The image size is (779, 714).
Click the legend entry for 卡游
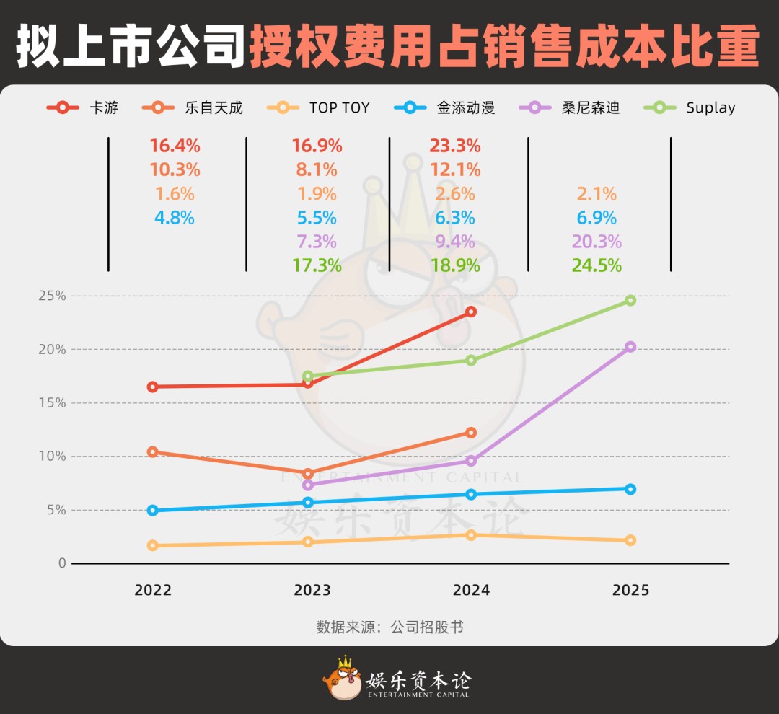tap(82, 107)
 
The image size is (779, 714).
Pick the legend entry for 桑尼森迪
tap(569, 107)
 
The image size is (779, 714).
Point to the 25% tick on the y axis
tap(52, 296)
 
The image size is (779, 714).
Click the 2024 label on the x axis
tap(471, 590)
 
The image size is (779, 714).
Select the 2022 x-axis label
tap(153, 590)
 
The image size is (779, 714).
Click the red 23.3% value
tap(454, 146)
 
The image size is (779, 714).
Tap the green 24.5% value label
tap(597, 265)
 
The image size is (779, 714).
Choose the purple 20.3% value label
tap(597, 242)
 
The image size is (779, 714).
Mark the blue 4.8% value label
tap(174, 218)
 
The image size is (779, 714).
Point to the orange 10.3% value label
tap(174, 170)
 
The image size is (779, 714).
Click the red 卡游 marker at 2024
tap(471, 312)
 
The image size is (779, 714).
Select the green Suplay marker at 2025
tap(630, 300)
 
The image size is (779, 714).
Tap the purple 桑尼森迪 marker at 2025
tap(630, 347)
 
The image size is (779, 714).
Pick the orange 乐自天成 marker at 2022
tap(153, 452)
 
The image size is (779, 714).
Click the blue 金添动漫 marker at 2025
tap(630, 489)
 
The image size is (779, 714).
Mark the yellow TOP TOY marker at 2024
tap(471, 535)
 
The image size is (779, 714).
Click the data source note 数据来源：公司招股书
tap(389, 627)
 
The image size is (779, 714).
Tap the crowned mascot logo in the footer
tap(342, 679)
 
